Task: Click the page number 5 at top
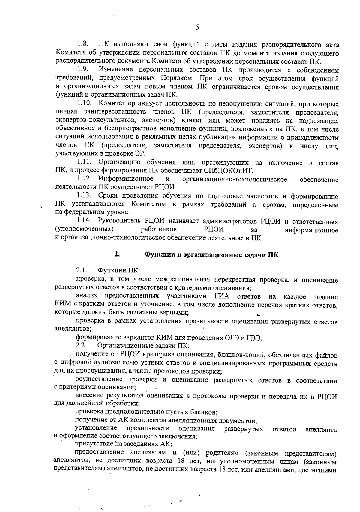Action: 197,28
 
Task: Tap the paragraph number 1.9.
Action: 82,70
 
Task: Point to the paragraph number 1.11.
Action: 84,162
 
